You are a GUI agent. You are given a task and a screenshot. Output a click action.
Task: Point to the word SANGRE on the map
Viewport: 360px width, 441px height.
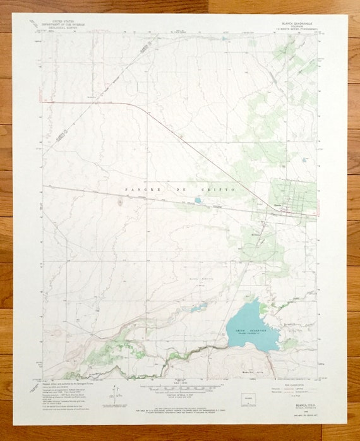click(137, 190)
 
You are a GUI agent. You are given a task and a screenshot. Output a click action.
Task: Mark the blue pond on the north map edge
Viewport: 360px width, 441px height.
click(225, 38)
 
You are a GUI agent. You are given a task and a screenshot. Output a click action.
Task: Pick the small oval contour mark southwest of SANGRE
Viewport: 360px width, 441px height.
click(120, 202)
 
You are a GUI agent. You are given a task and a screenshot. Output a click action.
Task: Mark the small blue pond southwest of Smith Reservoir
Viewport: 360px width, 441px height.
click(200, 308)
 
